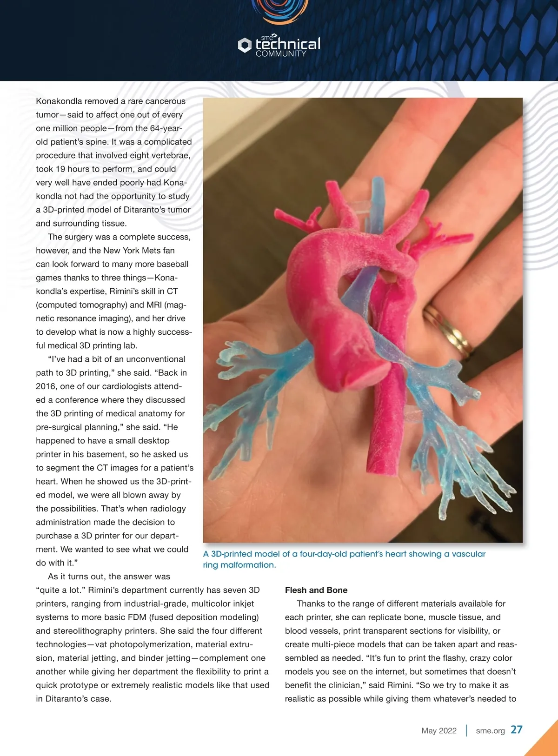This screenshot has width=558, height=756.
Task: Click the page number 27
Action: [x=516, y=729]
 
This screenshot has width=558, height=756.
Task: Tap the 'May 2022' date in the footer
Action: [x=439, y=730]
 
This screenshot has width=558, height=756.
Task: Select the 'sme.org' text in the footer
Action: [x=490, y=730]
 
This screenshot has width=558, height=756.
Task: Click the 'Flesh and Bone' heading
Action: [x=316, y=590]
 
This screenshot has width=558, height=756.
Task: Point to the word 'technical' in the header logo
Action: [x=288, y=44]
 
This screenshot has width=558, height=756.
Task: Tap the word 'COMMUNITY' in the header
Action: [x=281, y=54]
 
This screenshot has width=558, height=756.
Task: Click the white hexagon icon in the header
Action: [x=245, y=45]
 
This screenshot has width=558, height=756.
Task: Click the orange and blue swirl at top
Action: [x=279, y=10]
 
